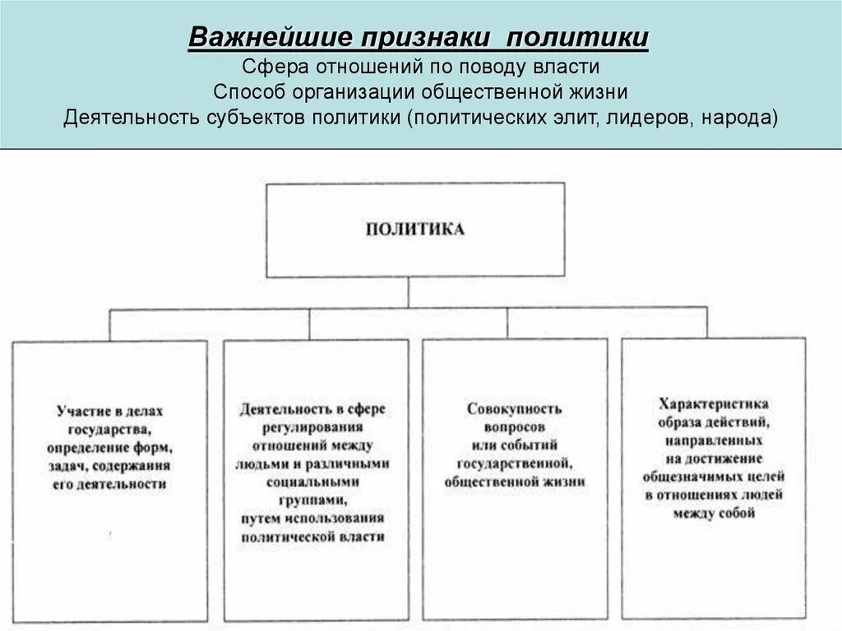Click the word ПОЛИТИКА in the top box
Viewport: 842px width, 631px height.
(414, 230)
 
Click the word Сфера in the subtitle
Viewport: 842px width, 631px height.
(275, 66)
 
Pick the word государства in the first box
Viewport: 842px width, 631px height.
(109, 429)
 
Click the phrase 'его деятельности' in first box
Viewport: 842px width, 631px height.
(110, 484)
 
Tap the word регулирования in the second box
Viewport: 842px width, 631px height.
(313, 427)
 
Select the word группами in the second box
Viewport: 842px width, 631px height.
(313, 499)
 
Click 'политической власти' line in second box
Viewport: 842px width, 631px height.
(313, 536)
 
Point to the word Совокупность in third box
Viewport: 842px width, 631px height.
(514, 409)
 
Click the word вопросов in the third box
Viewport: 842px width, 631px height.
(514, 427)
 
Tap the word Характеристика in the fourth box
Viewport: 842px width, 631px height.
(713, 404)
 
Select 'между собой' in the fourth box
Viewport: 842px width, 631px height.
(713, 513)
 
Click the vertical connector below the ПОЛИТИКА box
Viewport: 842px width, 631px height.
(409, 293)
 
